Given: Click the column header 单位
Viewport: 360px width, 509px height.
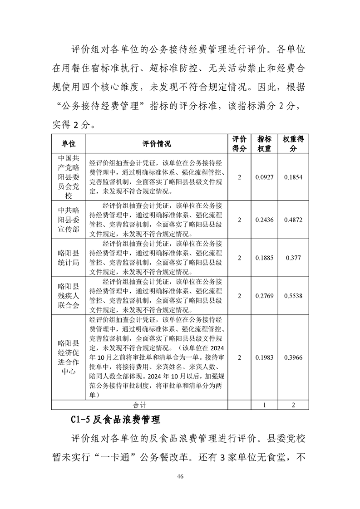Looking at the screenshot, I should [x=69, y=144].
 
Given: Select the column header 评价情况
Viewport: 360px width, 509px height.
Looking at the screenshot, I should [x=156, y=144].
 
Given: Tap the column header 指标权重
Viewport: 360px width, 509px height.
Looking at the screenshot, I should [x=264, y=144].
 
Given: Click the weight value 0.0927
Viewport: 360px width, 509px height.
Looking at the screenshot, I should [x=264, y=177].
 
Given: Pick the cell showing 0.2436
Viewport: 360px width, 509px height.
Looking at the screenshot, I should [x=264, y=220].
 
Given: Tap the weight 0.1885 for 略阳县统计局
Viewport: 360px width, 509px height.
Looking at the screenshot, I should [x=264, y=258].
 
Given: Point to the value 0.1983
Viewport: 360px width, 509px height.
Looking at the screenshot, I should [x=264, y=357].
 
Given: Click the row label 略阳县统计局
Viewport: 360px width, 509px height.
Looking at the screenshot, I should [x=69, y=258].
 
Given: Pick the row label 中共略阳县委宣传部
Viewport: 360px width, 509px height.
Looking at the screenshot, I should [x=69, y=220].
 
